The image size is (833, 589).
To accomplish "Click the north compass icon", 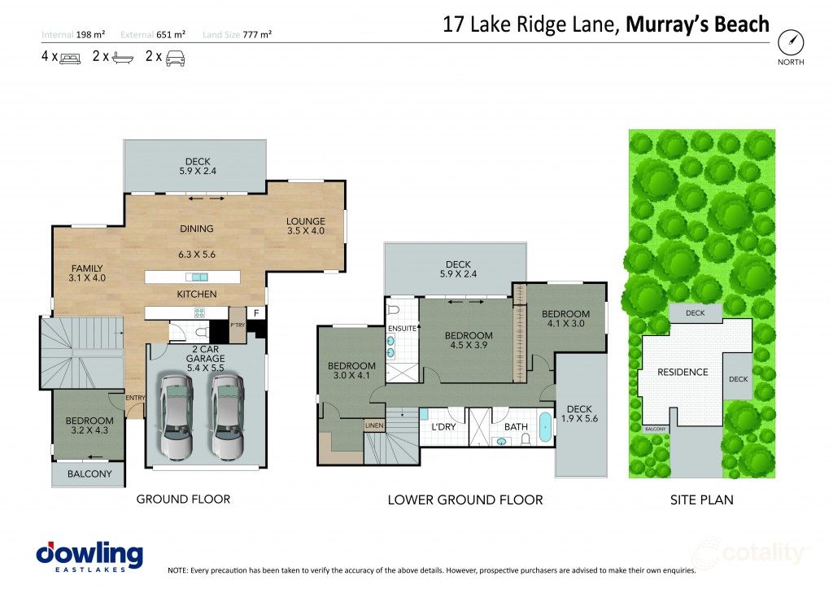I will click(790, 41).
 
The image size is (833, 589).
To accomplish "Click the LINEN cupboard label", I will click(374, 425).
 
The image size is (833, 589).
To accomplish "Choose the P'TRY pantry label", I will click(237, 325).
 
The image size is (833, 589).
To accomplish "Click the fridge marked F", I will click(256, 312).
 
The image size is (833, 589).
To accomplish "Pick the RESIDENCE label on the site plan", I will click(683, 372).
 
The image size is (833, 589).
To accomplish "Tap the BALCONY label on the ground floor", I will click(89, 474).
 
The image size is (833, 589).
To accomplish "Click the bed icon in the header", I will click(70, 58).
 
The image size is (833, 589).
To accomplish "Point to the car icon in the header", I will click(176, 58).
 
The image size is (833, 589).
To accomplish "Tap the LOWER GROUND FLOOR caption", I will click(465, 500).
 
